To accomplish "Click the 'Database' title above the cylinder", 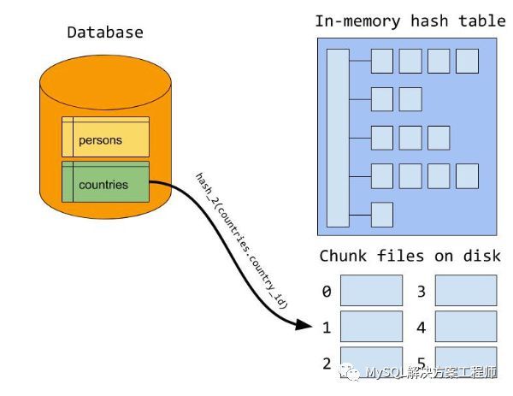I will pos(105,33).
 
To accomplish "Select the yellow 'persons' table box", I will pos(105,139).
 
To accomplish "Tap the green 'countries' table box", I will pos(105,184).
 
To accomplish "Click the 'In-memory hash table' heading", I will pos(410,21).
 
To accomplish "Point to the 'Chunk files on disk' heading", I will pos(410,256).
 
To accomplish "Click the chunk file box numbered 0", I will pos(371,291).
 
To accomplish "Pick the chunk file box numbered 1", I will pos(371,326).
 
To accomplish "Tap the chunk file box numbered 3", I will pos(465,291).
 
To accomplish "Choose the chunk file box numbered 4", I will pos(465,326).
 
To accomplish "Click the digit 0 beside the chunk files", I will pos(327,292).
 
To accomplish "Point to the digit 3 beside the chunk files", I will pos(421,292).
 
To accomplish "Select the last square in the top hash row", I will pos(467,61).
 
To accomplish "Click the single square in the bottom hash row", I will pos(381,214).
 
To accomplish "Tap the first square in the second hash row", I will pos(381,99).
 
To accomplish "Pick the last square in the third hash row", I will pos(439,138).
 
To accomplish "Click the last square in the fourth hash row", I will pos(467,176).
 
